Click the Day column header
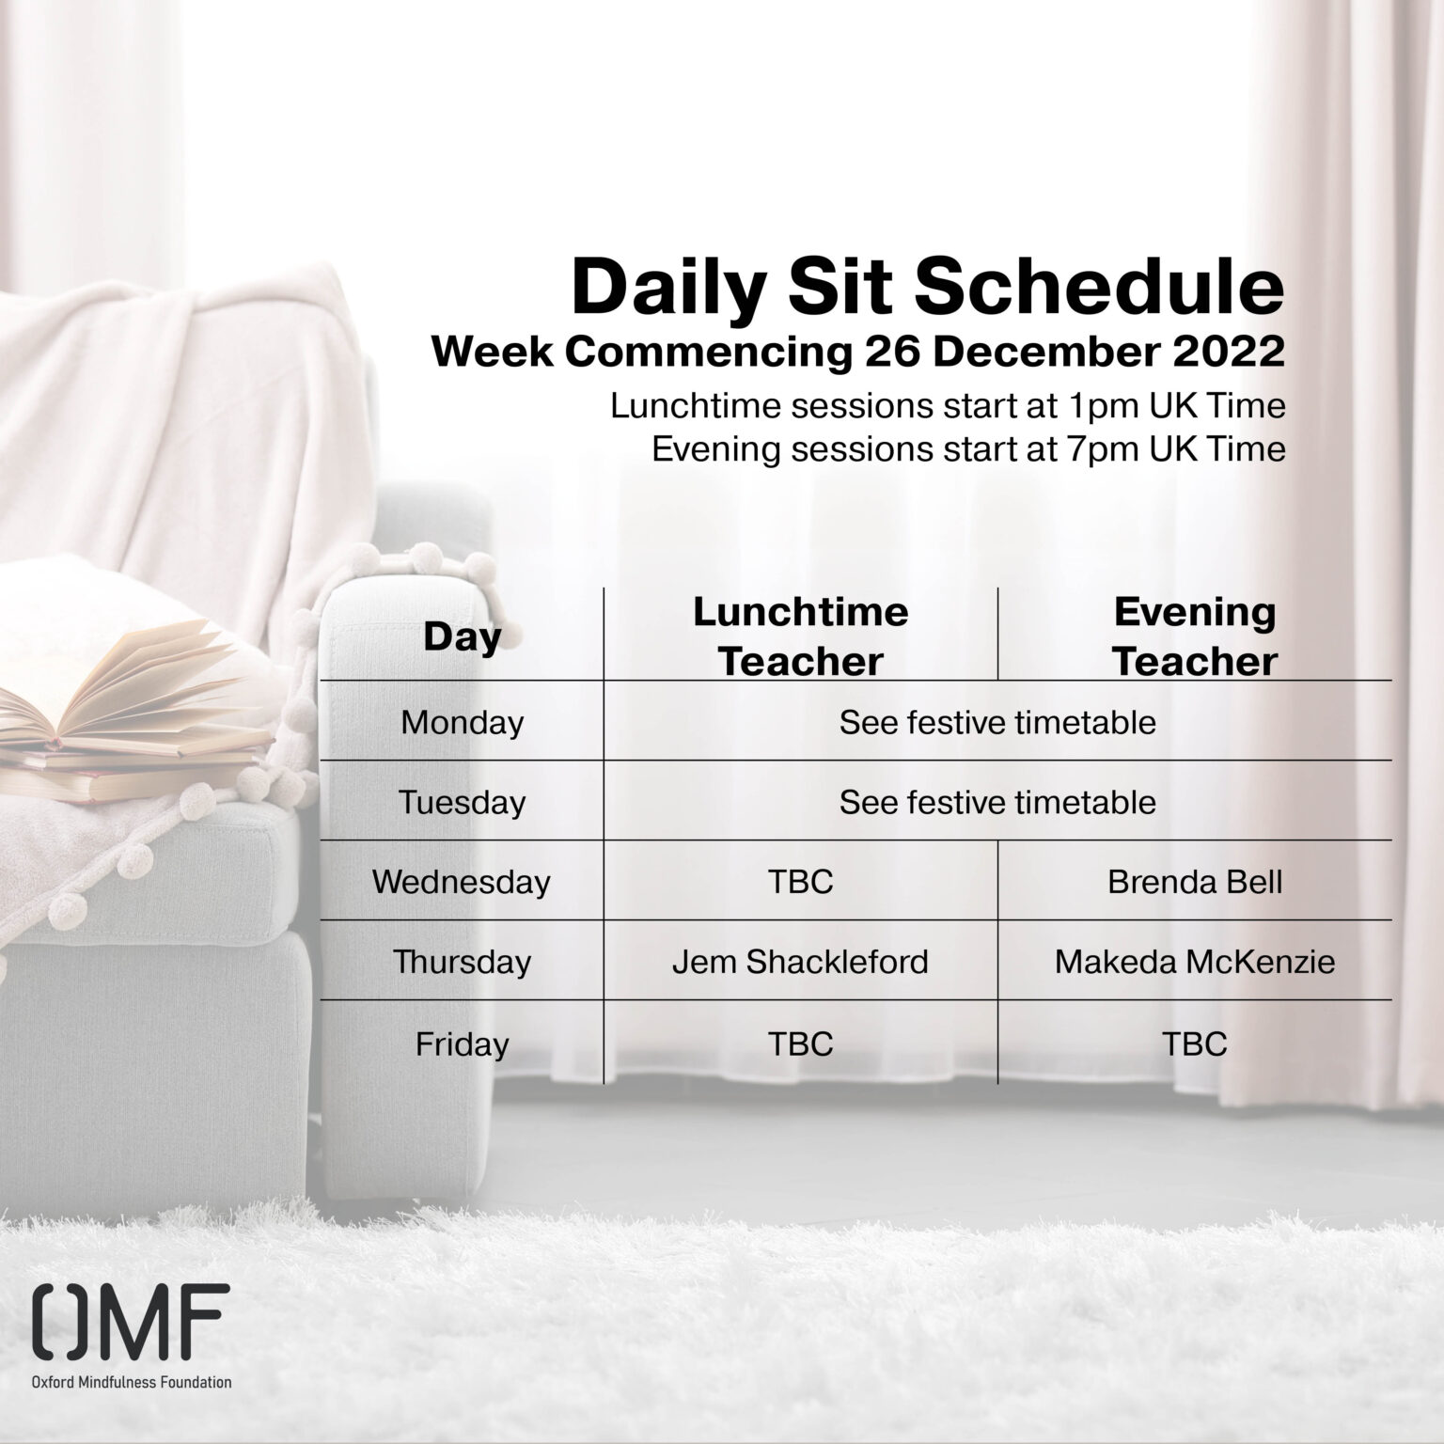tap(462, 636)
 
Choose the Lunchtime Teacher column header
tap(801, 636)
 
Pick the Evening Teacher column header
tap(1195, 636)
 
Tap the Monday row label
tap(462, 722)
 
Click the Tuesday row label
tap(462, 802)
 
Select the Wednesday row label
tap(462, 882)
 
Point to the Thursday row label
tap(462, 962)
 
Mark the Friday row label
tap(462, 1044)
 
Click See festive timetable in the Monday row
tap(997, 722)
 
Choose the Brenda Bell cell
tap(1195, 882)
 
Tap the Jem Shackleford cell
tap(800, 962)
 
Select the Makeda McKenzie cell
tap(1195, 962)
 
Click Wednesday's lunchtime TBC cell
tap(801, 882)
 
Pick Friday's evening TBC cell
tap(1195, 1044)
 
